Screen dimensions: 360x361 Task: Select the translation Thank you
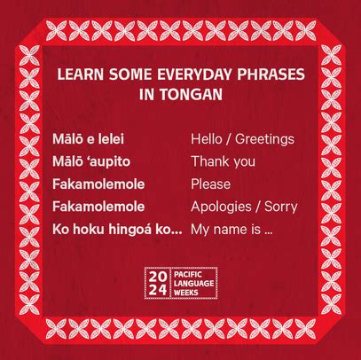(x=223, y=161)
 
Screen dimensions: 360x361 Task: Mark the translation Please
(x=210, y=184)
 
